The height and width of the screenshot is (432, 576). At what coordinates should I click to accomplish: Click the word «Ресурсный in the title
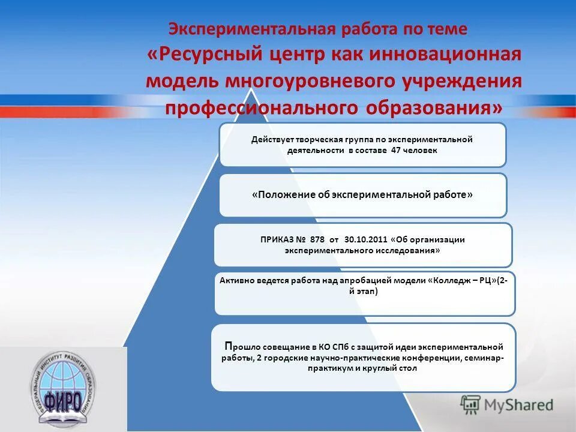pos(202,53)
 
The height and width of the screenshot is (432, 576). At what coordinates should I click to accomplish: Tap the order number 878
pos(319,239)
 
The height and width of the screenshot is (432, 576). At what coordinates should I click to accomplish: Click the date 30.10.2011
pos(365,239)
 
